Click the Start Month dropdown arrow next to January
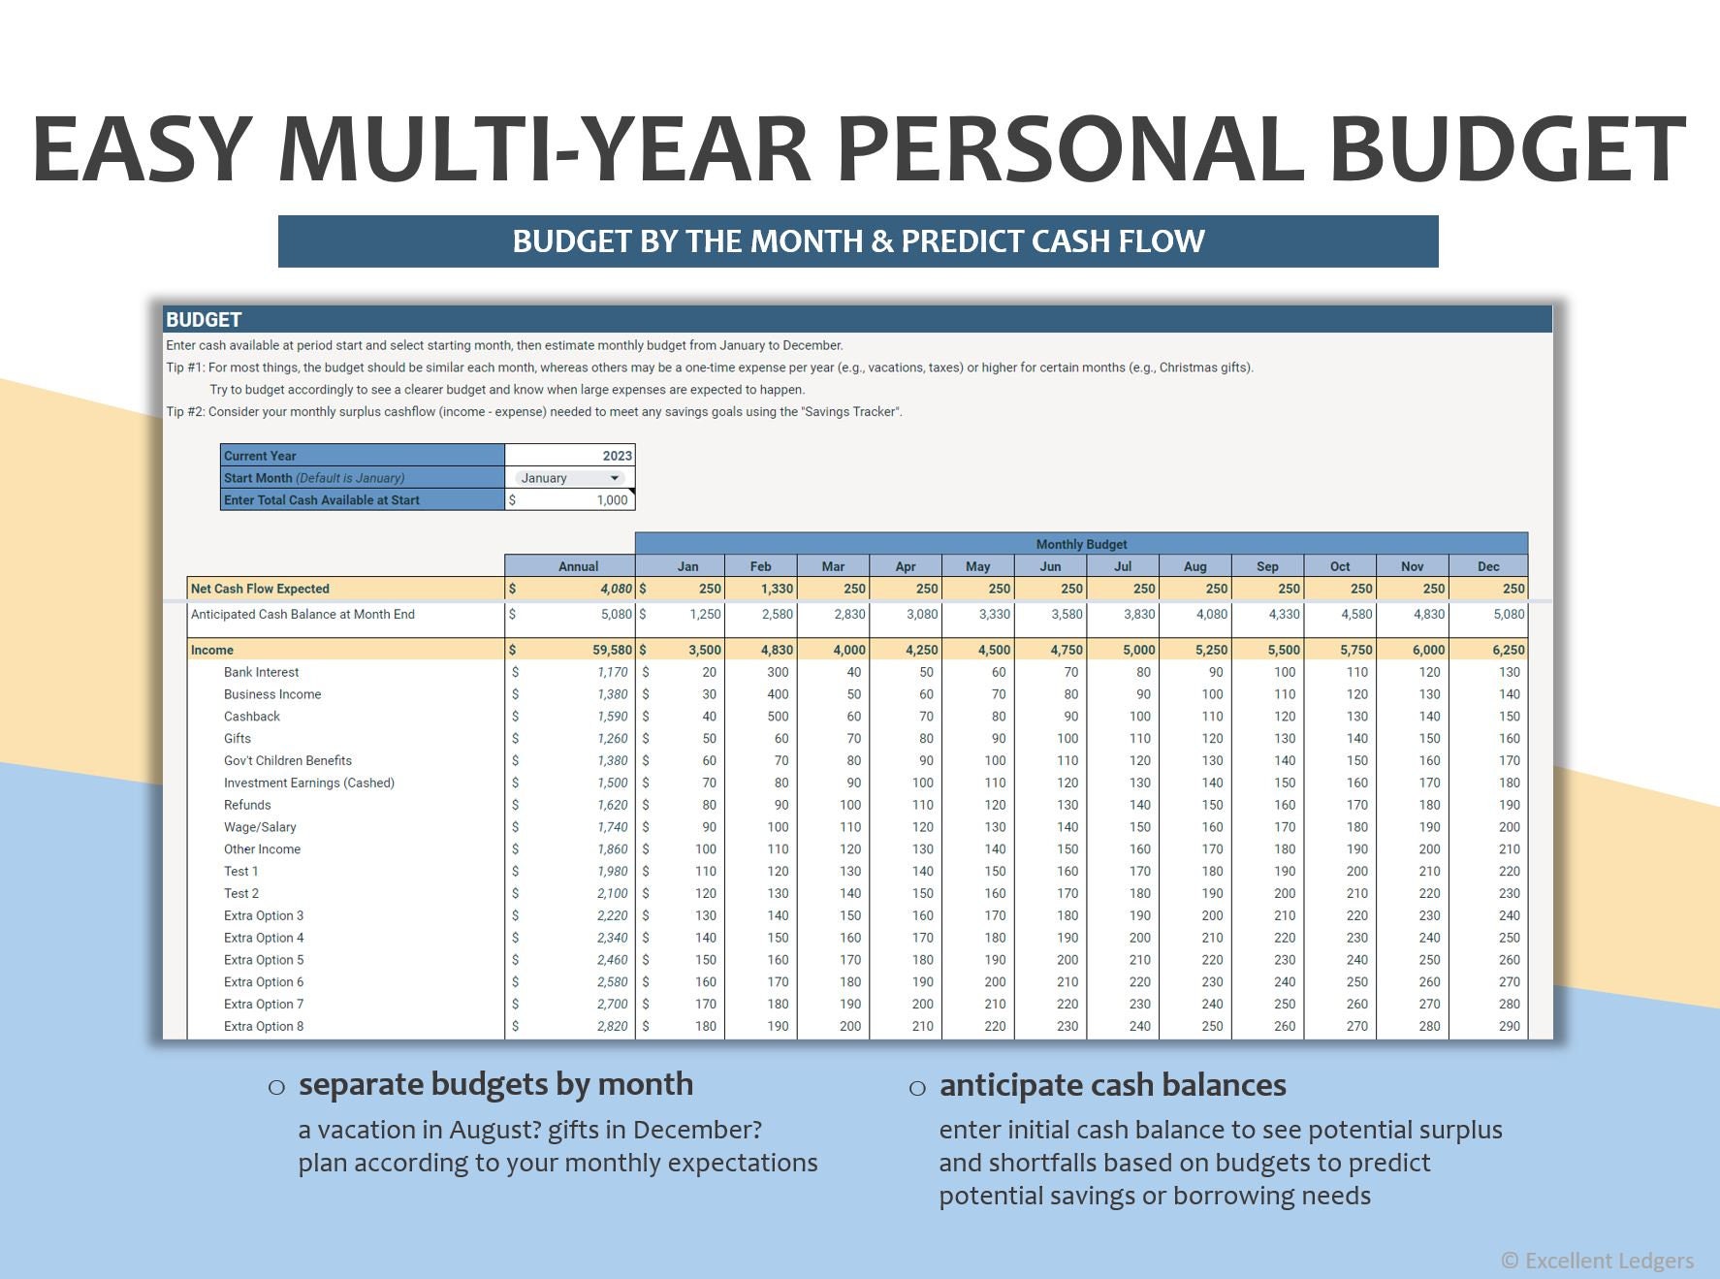[614, 478]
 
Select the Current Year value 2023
[617, 456]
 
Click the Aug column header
[1194, 566]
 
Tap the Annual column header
[578, 566]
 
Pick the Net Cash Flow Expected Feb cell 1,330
[777, 589]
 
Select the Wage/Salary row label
[260, 827]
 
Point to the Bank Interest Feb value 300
[778, 672]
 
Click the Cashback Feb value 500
[778, 717]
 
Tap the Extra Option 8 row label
[264, 1026]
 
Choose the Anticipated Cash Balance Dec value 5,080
[1509, 614]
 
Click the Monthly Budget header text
[1081, 544]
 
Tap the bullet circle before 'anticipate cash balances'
[917, 1088]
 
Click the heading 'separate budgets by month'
[495, 1084]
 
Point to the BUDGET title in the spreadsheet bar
[204, 320]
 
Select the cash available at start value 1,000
[612, 500]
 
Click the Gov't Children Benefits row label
[288, 760]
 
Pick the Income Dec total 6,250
[1509, 650]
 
